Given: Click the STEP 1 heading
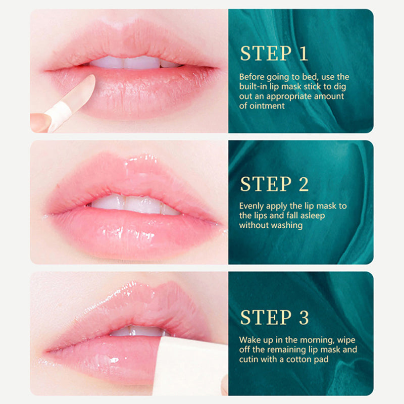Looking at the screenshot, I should (274, 53).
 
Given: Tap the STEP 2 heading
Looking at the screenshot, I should (274, 184).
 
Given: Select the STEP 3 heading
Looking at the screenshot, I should (274, 317).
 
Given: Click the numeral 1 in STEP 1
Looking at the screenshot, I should (303, 53).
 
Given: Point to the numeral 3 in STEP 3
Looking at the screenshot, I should (304, 317).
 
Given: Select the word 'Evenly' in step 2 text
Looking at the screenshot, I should (251, 206).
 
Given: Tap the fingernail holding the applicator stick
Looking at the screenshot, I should (40, 122).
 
